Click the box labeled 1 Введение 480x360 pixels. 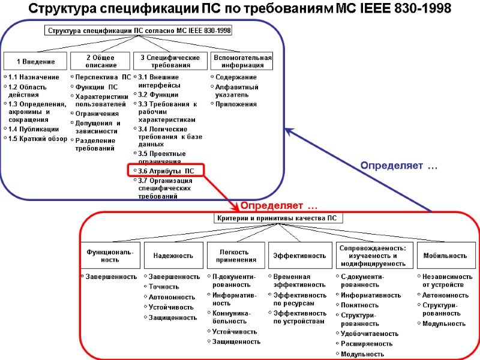click(35, 61)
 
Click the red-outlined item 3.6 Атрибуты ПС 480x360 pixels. click(166, 171)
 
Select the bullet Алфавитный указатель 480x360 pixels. click(236, 91)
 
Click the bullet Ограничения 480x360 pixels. click(97, 113)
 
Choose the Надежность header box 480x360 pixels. click(173, 256)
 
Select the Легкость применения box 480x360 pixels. click(236, 256)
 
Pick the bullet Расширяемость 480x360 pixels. click(367, 344)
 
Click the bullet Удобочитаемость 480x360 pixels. click(370, 334)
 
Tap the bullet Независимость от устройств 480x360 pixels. click(447, 280)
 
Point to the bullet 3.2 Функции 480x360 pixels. click(158, 95)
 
